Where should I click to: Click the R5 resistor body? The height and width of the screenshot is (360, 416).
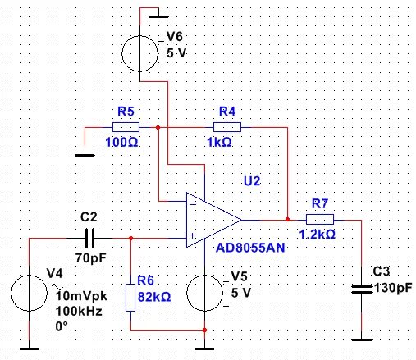coord(126,127)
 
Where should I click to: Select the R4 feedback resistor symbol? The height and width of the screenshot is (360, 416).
coord(227,127)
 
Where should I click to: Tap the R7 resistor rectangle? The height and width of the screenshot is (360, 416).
coord(320,219)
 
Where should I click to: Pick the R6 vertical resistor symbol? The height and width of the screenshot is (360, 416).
coord(130,298)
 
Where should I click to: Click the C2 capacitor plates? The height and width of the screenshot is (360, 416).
coord(89,238)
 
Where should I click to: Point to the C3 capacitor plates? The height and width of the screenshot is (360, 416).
coord(362,289)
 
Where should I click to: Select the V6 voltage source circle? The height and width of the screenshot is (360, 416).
coord(139,53)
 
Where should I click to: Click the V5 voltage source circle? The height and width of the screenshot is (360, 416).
coord(204,293)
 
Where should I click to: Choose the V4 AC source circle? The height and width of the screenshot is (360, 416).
coord(29,293)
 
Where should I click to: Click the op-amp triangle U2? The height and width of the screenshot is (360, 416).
coord(213,220)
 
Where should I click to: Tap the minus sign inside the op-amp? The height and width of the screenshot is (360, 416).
coord(193,204)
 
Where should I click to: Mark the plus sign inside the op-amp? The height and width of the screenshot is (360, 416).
coord(192,235)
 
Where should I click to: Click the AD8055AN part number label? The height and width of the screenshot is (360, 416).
coord(250,248)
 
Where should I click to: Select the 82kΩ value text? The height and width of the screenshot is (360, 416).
coord(154,297)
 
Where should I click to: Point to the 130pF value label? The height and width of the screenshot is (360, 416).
coord(393,288)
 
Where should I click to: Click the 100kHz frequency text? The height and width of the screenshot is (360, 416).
coord(79,311)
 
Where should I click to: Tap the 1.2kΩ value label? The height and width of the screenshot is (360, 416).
coord(317,235)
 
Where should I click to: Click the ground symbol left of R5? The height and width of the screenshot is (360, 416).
coord(85,155)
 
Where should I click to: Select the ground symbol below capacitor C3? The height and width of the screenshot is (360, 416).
coord(362,339)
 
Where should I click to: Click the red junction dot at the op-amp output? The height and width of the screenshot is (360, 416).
coord(287,219)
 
